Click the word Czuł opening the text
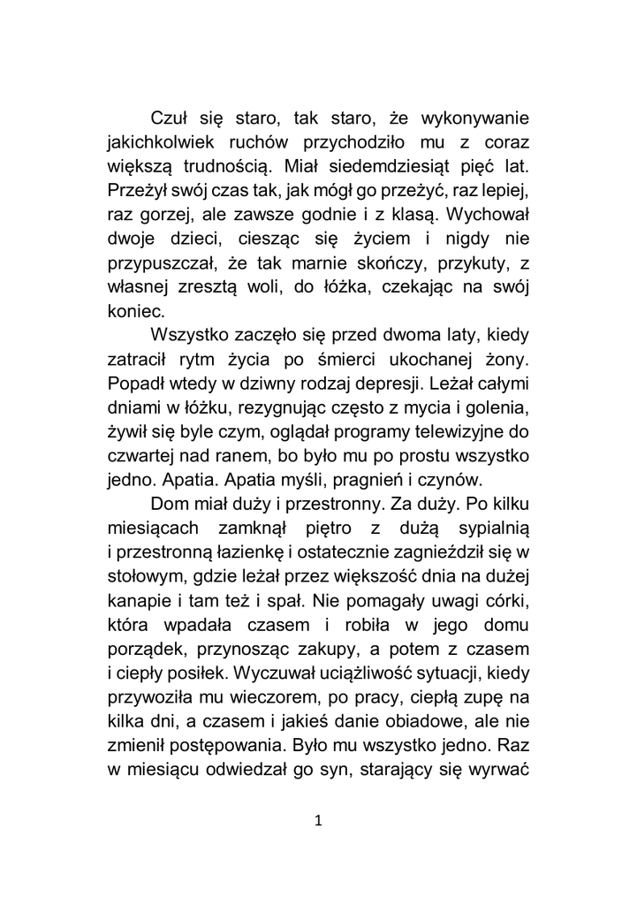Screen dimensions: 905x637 coord(171,118)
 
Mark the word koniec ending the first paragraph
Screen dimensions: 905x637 coord(133,310)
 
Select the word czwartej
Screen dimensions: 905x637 coord(140,455)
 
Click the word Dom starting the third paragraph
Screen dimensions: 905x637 coord(172,505)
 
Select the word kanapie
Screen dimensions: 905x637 coord(137,602)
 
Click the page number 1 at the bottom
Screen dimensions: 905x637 coord(318,820)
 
